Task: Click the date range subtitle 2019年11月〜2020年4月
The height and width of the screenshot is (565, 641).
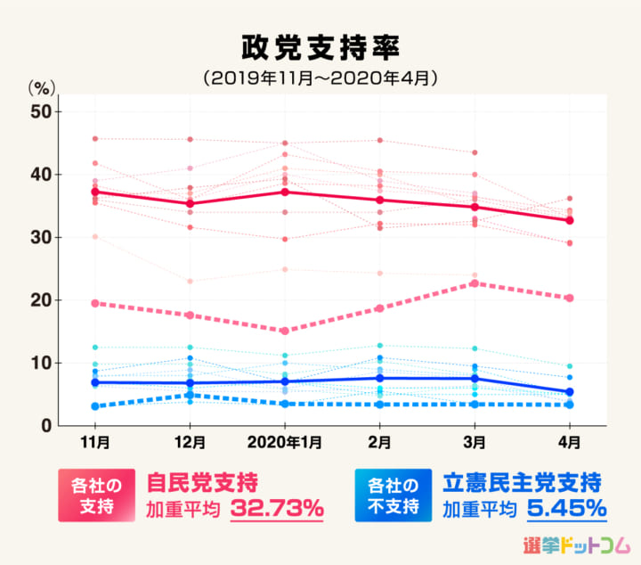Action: tap(320, 78)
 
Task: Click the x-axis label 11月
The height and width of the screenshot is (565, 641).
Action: tap(95, 442)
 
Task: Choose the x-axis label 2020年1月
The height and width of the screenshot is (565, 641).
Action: tap(285, 442)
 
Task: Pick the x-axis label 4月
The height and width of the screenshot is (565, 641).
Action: tap(570, 442)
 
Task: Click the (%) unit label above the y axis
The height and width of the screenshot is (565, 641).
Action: tap(41, 87)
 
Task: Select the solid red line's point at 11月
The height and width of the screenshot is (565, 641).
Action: tap(95, 192)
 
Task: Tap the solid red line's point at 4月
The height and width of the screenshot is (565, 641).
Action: tap(570, 220)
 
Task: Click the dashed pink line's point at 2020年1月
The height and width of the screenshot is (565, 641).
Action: tap(285, 331)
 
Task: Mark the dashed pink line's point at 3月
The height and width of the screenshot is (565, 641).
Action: tap(475, 283)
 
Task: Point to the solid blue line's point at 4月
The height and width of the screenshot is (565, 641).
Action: tap(570, 392)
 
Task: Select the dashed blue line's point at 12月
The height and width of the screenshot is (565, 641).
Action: tap(191, 395)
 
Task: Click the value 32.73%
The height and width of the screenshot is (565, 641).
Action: tap(278, 509)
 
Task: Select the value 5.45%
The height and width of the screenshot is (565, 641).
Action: tap(566, 509)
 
